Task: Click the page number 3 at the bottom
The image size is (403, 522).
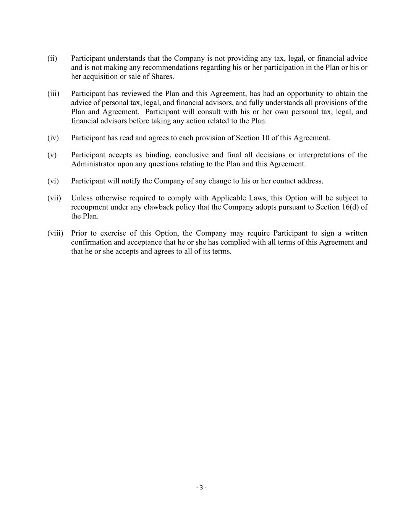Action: pyautogui.click(x=201, y=487)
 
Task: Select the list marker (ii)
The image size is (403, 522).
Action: pyautogui.click(x=52, y=59)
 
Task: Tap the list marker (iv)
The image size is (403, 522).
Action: pyautogui.click(x=53, y=138)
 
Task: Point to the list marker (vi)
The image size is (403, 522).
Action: pyautogui.click(x=53, y=181)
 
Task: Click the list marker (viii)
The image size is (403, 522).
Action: pyautogui.click(x=55, y=233)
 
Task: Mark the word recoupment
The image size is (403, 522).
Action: pyautogui.click(x=89, y=207)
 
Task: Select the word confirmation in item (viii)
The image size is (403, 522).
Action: pyautogui.click(x=90, y=242)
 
